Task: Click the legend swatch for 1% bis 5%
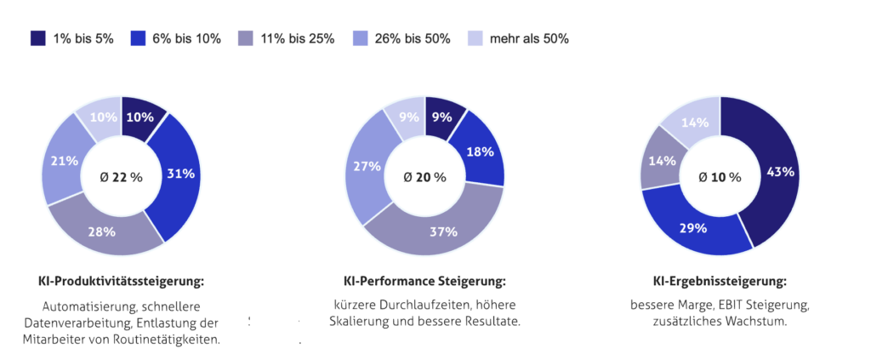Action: pos(38,38)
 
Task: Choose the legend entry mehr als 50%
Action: pos(528,38)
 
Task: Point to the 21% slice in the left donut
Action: pos(65,161)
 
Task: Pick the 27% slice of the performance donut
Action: pos(367,167)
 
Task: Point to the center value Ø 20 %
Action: pos(424,177)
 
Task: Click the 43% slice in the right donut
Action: pos(780,171)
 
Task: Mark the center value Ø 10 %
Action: pos(720,177)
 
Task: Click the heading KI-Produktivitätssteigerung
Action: pos(122,280)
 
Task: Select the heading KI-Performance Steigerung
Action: pos(424,281)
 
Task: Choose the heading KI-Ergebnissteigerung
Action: pos(720,281)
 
